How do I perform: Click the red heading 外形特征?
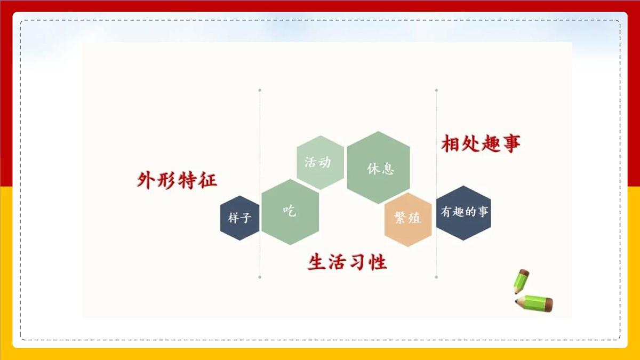click(x=177, y=180)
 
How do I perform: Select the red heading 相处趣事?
click(x=481, y=143)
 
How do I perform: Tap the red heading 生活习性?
click(x=347, y=262)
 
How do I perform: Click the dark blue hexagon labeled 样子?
click(x=239, y=218)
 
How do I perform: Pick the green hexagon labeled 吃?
click(x=290, y=212)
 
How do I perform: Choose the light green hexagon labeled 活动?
click(x=320, y=162)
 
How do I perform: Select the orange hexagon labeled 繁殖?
click(x=407, y=219)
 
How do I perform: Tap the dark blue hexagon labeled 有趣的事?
click(x=463, y=212)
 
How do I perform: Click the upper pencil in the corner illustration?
click(x=521, y=281)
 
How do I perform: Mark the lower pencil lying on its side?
click(x=535, y=302)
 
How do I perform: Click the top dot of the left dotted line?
click(x=260, y=90)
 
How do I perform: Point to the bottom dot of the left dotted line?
click(x=260, y=277)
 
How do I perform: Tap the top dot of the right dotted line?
click(x=436, y=90)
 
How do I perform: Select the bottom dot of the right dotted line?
click(x=436, y=277)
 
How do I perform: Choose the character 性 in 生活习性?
click(x=378, y=262)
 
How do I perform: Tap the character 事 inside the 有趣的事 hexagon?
click(x=483, y=212)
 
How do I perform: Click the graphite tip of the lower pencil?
click(x=516, y=302)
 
